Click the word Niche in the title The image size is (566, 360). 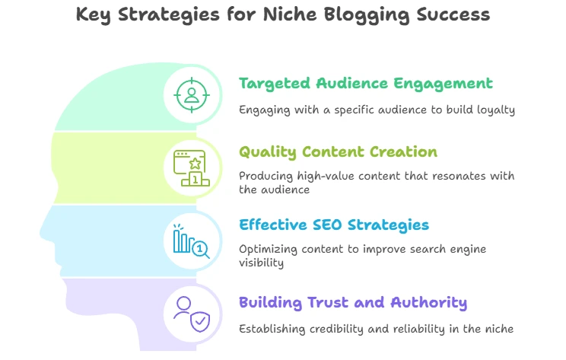pos(290,14)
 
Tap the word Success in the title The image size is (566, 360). pos(453,14)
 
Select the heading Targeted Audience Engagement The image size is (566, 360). pos(366,84)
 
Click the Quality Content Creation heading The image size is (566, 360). pos(338,152)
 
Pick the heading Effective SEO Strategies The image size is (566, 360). pos(334,225)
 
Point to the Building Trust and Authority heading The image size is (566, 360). pos(353,303)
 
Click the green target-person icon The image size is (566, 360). pos(192,95)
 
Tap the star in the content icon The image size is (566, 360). pos(196,164)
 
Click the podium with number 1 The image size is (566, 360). pos(196,179)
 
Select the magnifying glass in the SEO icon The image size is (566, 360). pos(201,250)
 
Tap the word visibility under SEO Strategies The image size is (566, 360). pos(262,263)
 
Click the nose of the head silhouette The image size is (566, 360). pos(45,233)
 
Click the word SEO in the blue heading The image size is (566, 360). pos(326,225)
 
